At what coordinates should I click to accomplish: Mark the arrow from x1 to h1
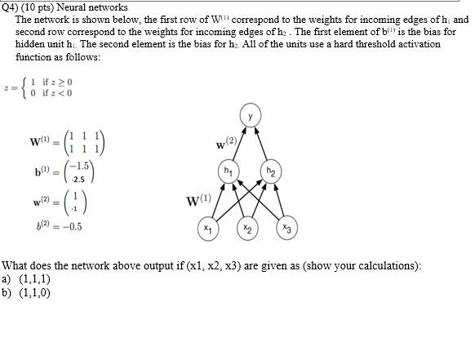click(218, 201)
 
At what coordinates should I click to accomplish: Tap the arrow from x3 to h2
click(281, 201)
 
